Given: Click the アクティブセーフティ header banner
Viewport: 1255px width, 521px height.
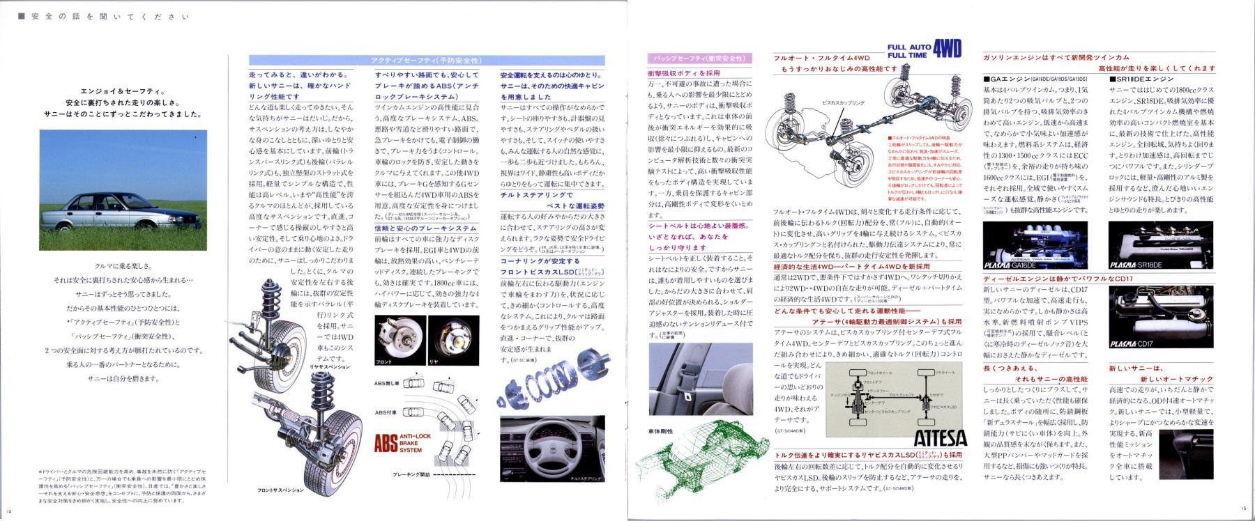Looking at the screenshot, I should (426, 61).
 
